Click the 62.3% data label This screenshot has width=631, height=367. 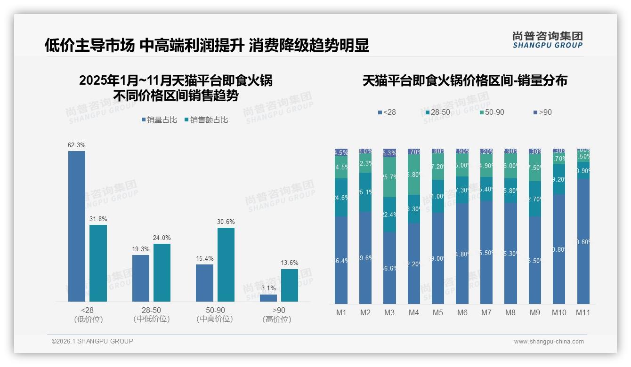[x=77, y=145]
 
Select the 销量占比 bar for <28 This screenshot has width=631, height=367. [x=77, y=226]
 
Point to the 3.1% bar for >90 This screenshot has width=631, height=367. [x=268, y=298]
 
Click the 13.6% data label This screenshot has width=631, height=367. [x=290, y=263]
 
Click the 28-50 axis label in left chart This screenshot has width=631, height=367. [x=151, y=311]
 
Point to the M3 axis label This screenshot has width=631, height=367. [x=389, y=312]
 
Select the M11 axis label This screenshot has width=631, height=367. [x=583, y=312]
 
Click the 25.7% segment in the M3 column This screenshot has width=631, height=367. [x=389, y=177]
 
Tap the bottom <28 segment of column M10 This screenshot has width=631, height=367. [x=559, y=249]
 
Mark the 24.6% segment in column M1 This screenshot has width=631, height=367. [x=341, y=198]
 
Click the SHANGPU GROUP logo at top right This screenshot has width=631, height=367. [x=547, y=40]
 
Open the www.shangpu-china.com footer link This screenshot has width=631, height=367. [x=549, y=342]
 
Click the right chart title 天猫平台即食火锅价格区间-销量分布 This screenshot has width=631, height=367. [x=465, y=81]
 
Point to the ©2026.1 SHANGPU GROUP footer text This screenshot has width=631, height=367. [x=92, y=341]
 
